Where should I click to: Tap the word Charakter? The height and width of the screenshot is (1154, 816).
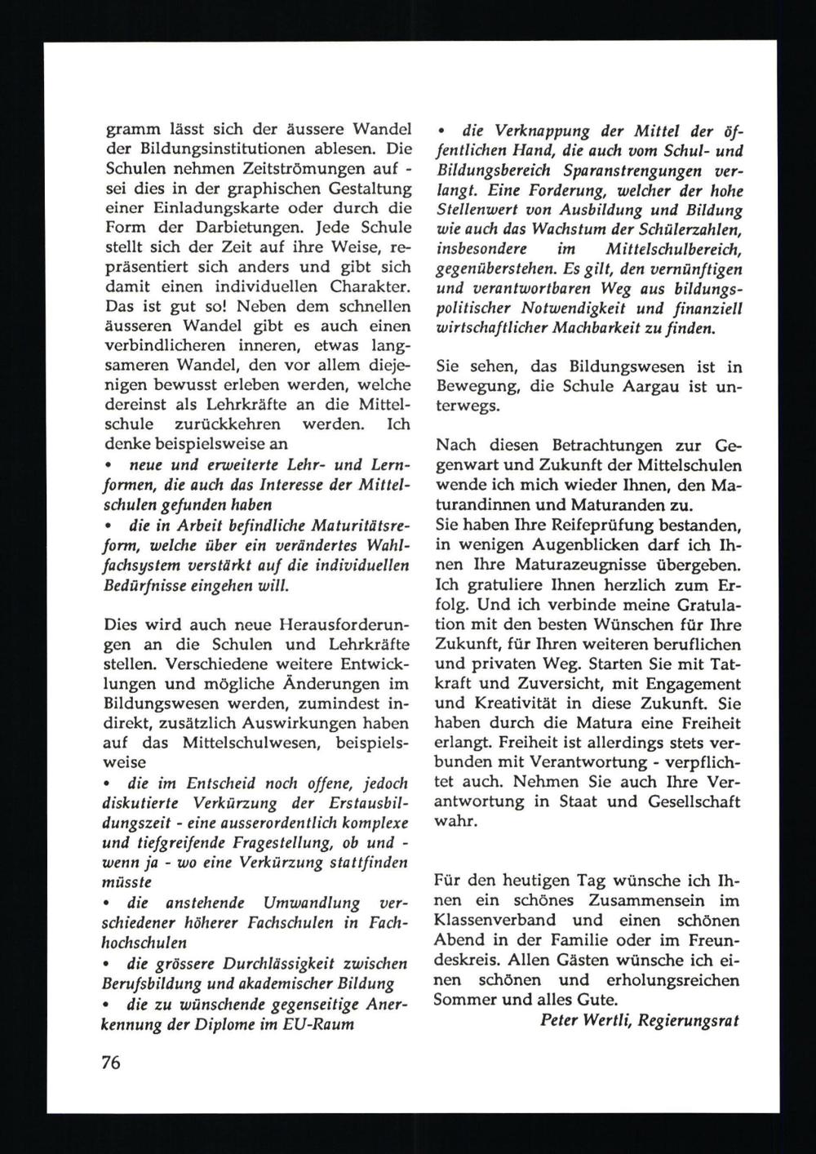365,287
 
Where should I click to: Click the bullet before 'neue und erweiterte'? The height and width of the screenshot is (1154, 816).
109,465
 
